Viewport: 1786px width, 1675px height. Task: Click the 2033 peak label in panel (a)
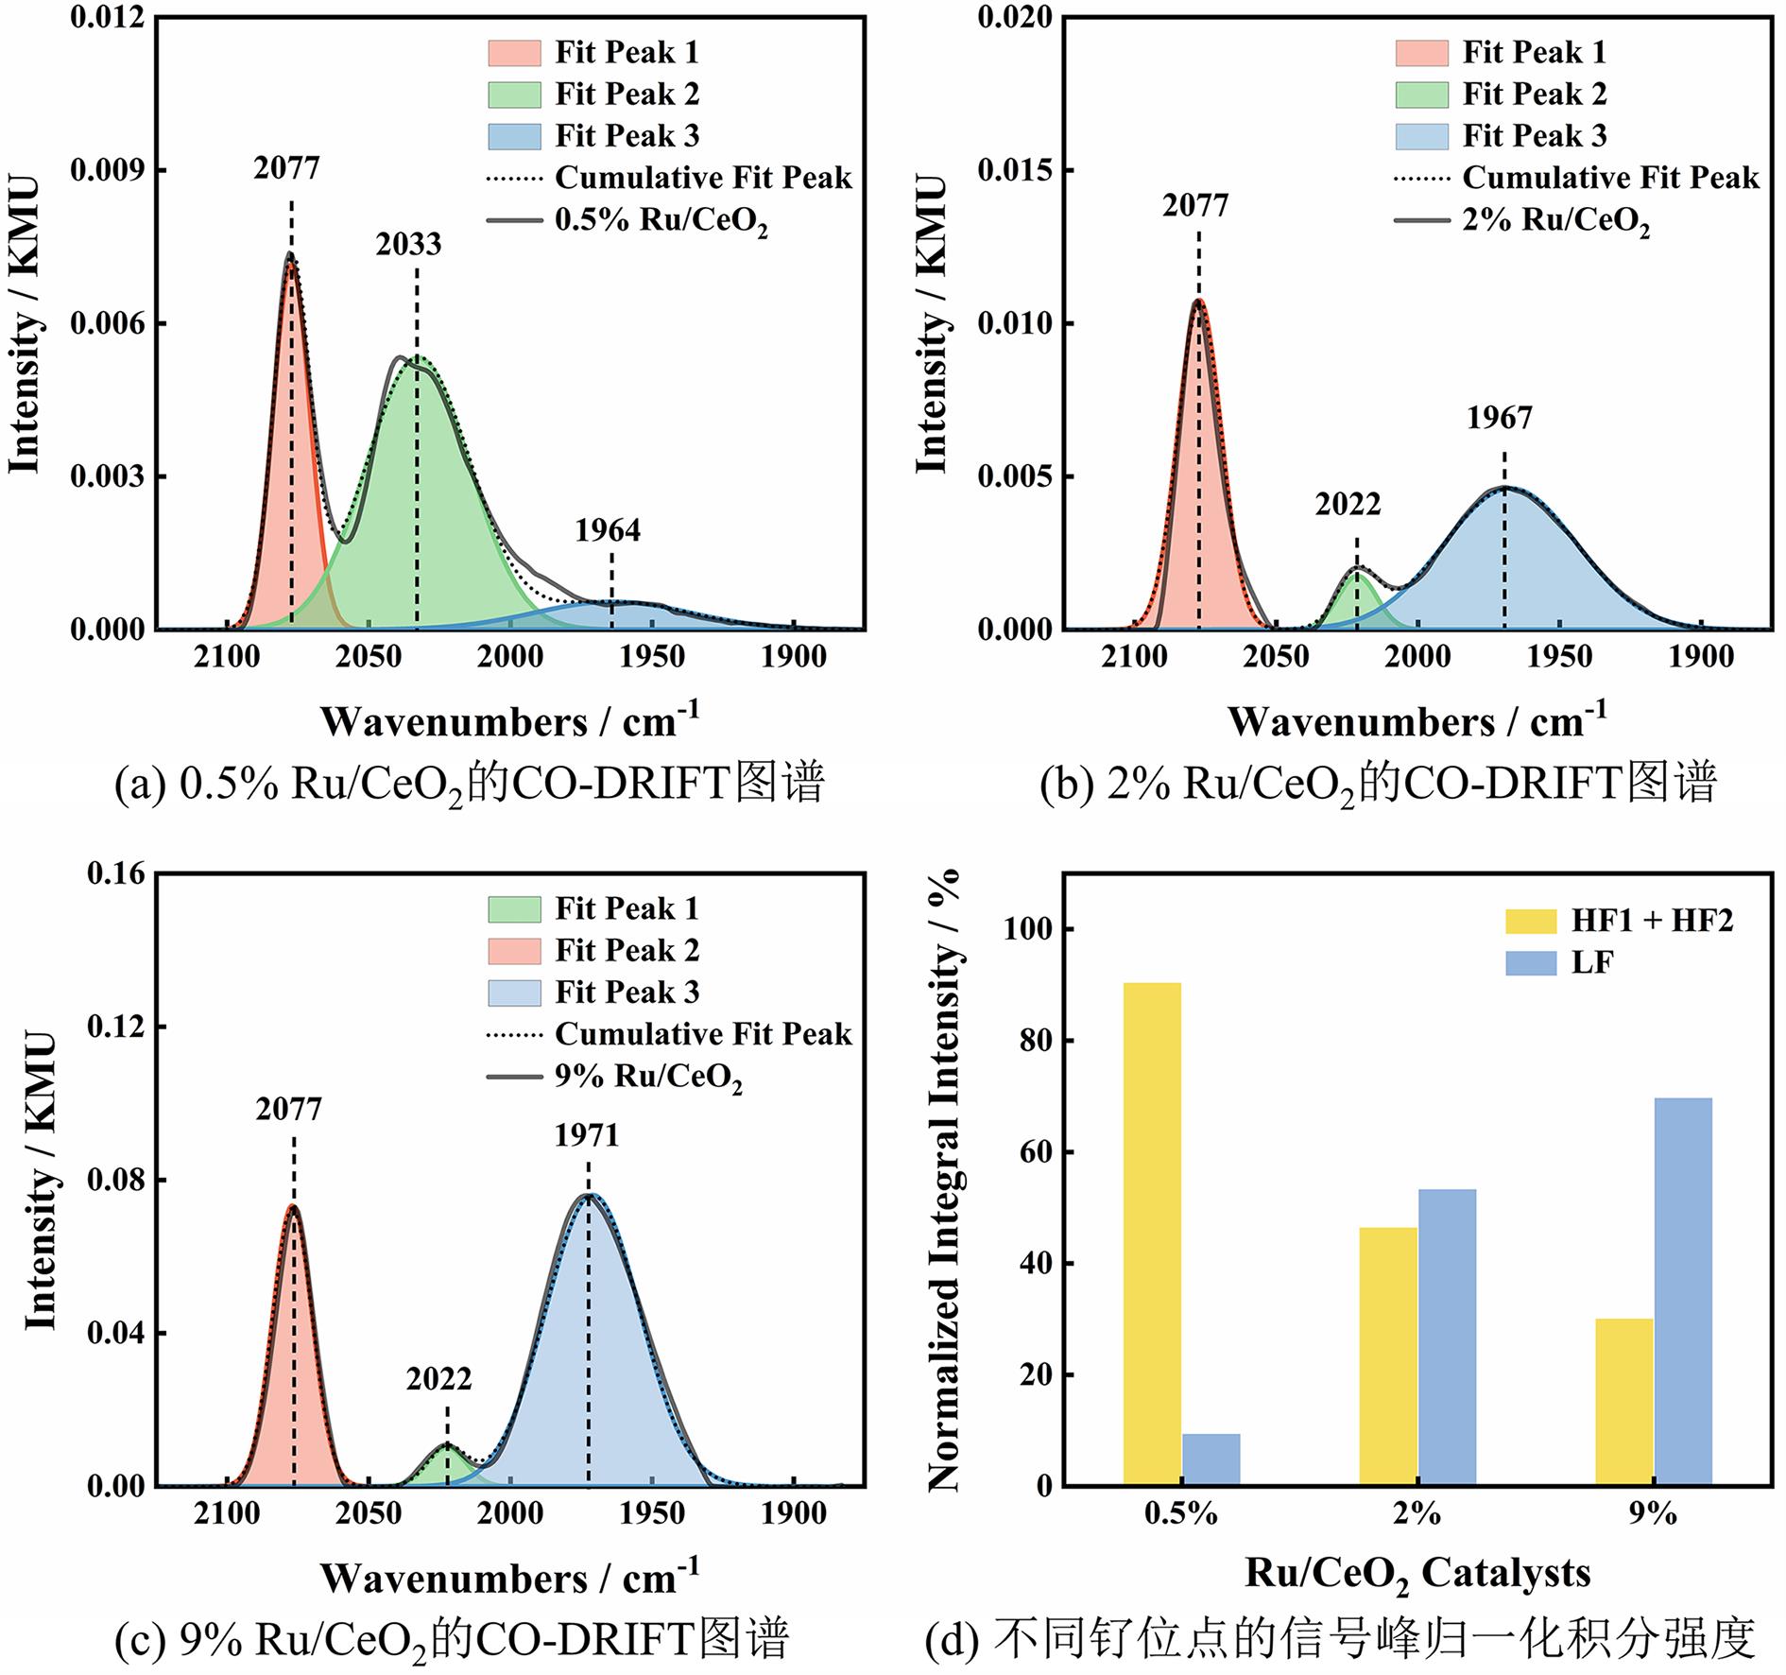pyautogui.click(x=408, y=245)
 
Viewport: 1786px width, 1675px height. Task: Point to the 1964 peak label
pyautogui.click(x=608, y=531)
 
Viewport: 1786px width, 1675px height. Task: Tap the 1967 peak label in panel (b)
pyautogui.click(x=1500, y=418)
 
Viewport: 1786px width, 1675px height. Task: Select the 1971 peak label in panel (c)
pyautogui.click(x=587, y=1135)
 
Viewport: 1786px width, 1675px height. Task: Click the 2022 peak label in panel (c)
pyautogui.click(x=438, y=1379)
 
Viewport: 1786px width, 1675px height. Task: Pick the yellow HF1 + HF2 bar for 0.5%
pyautogui.click(x=1152, y=1233)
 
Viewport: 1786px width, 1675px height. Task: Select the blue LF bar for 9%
pyautogui.click(x=1682, y=1290)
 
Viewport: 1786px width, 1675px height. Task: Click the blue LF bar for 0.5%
pyautogui.click(x=1211, y=1459)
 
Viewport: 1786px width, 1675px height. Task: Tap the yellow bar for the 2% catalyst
pyautogui.click(x=1388, y=1356)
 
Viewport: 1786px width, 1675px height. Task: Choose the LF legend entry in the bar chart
pyautogui.click(x=1591, y=963)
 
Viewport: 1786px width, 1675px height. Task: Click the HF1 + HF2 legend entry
pyautogui.click(x=1652, y=921)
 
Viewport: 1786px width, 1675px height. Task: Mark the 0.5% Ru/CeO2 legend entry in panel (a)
pyautogui.click(x=661, y=220)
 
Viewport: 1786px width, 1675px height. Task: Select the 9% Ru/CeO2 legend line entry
pyautogui.click(x=648, y=1077)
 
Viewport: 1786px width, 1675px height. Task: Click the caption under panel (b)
pyautogui.click(x=1378, y=785)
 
